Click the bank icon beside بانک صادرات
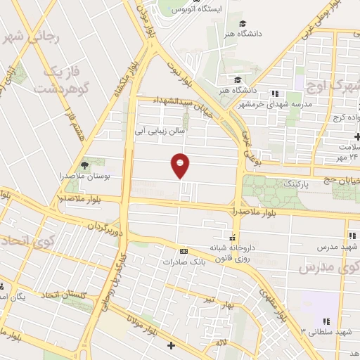tap(184, 251)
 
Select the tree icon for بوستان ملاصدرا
tap(86, 164)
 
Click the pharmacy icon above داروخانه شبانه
tap(233, 237)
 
